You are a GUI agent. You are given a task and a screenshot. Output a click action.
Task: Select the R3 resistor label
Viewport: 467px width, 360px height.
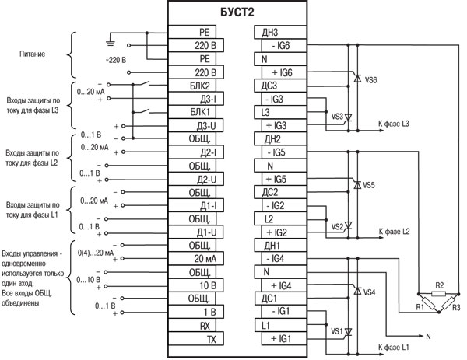click(x=456, y=309)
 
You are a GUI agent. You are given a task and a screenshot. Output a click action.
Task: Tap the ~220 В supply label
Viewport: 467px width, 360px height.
click(x=115, y=61)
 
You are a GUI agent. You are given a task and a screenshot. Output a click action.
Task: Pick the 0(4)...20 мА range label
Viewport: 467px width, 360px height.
click(x=97, y=253)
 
